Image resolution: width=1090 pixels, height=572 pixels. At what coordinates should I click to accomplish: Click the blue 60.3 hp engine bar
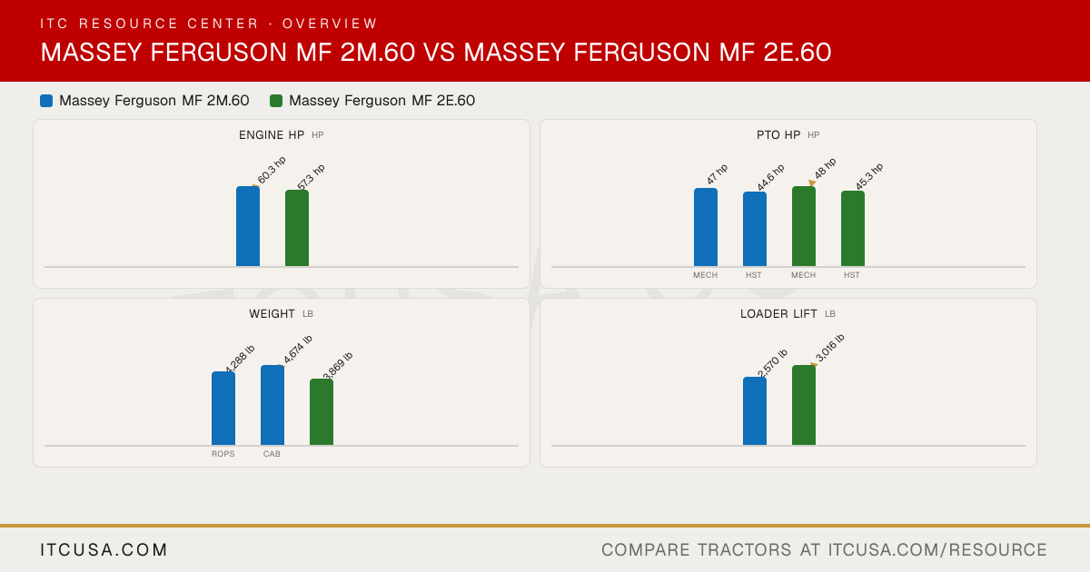248,226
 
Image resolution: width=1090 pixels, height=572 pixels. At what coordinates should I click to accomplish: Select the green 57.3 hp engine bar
297,228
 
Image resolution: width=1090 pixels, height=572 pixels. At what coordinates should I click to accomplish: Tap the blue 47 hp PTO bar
706,227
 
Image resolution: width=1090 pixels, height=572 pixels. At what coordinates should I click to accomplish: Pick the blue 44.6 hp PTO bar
755,229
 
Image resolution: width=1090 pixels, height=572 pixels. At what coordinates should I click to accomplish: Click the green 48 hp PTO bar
804,226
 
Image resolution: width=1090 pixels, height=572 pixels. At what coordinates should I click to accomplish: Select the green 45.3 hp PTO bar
853,229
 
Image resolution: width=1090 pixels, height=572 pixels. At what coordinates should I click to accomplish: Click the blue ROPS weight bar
223,409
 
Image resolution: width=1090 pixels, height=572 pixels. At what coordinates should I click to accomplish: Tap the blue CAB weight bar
272,405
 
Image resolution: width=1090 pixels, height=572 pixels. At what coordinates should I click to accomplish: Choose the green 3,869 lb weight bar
322,412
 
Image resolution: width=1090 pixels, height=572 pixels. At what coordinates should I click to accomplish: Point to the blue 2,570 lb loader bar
755,411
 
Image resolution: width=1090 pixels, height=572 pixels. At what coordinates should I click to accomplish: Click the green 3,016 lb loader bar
804,405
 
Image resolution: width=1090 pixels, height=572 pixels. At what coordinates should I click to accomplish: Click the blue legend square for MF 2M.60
46,101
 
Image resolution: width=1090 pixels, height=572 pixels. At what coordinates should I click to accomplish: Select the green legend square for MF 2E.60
276,101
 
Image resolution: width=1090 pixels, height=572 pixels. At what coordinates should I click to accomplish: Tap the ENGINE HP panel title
272,134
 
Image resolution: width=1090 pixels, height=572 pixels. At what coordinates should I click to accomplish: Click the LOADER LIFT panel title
778,314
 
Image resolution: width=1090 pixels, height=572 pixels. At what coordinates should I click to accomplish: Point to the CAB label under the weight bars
272,454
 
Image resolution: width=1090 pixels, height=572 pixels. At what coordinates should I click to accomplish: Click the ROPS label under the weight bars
223,454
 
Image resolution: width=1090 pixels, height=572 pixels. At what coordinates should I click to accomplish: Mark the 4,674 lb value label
298,350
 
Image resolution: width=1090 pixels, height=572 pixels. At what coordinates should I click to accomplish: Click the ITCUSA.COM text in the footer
104,549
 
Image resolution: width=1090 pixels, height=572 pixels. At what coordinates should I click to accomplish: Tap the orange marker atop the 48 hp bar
812,182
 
